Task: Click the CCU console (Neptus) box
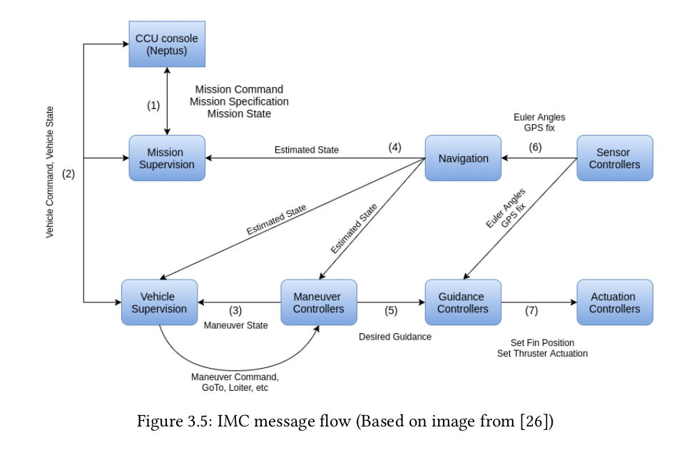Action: (x=167, y=44)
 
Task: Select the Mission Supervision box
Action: (x=167, y=158)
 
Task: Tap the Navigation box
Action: (x=463, y=158)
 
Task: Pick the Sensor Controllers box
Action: (x=614, y=158)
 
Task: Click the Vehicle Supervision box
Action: (x=159, y=302)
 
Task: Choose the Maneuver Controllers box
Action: (x=318, y=302)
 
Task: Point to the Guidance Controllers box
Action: (x=463, y=302)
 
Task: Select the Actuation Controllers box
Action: (x=614, y=302)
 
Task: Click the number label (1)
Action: (x=153, y=106)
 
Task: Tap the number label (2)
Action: (x=68, y=173)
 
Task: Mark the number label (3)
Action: (x=235, y=311)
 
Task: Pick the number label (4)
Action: (x=394, y=148)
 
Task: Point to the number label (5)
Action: (x=391, y=311)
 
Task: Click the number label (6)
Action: (x=535, y=148)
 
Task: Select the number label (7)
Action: (x=531, y=311)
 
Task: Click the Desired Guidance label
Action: (x=394, y=337)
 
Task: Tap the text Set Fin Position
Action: (x=542, y=343)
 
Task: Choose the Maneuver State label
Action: (x=236, y=326)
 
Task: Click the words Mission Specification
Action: (x=239, y=101)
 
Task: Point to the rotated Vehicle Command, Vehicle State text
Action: (x=50, y=173)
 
